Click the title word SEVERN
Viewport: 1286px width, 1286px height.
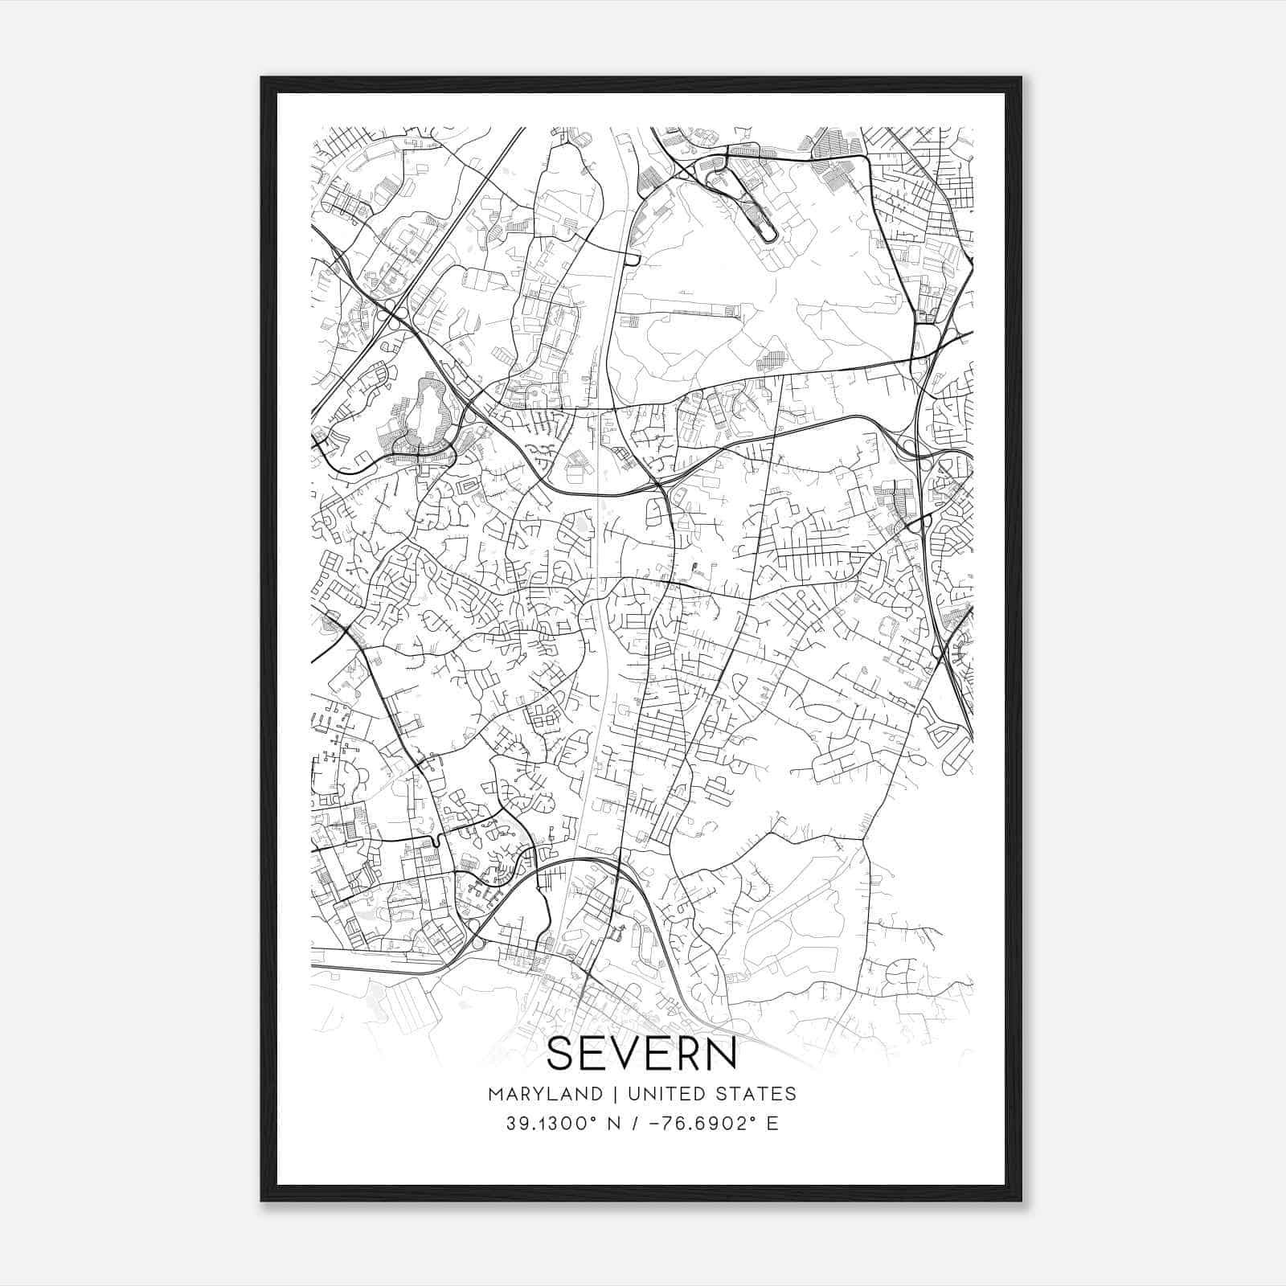(x=641, y=1054)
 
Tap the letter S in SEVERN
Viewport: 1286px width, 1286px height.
(x=560, y=1054)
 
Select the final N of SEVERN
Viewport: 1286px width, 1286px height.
(x=721, y=1054)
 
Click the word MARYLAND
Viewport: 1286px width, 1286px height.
(x=544, y=1094)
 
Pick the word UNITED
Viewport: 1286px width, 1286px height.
(x=662, y=1094)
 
